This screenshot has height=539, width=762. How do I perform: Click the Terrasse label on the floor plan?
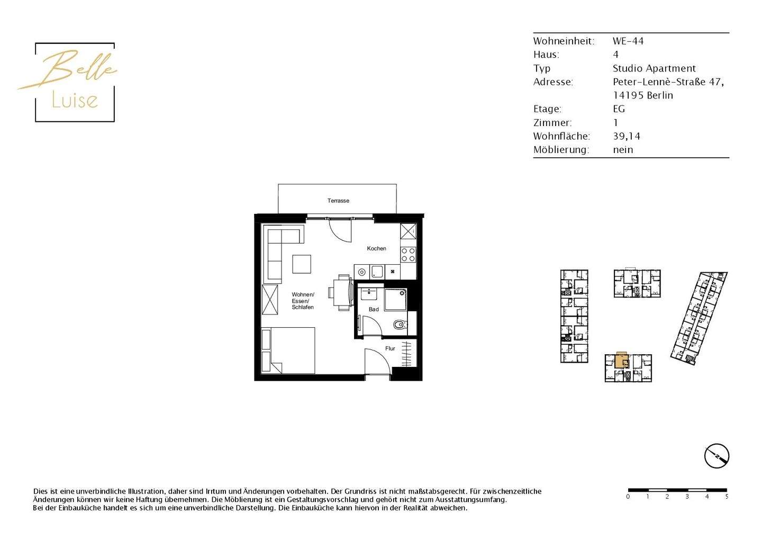[338, 201]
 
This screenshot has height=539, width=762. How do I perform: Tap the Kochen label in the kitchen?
[376, 248]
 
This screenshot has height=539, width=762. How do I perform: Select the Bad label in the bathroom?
[374, 309]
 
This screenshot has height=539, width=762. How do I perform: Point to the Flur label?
[390, 348]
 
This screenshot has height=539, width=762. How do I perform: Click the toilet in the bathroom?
[400, 324]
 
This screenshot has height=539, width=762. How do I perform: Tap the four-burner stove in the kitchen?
[408, 255]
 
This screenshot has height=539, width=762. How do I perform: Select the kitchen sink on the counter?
[377, 272]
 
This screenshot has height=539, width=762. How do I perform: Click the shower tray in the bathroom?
[395, 300]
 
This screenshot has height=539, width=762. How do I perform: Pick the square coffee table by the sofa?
[302, 264]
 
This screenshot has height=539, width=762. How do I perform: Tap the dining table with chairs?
[342, 292]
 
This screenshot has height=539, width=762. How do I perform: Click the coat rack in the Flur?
[406, 354]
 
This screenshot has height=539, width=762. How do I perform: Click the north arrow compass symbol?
[716, 456]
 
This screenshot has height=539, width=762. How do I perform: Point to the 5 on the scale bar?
[727, 497]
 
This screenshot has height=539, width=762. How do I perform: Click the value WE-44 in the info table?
[628, 41]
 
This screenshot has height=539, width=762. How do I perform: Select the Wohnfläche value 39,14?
[627, 136]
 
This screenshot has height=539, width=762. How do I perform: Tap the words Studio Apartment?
[654, 68]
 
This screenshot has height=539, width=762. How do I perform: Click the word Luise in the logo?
[75, 100]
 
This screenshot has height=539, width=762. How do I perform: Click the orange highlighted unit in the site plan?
[621, 361]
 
